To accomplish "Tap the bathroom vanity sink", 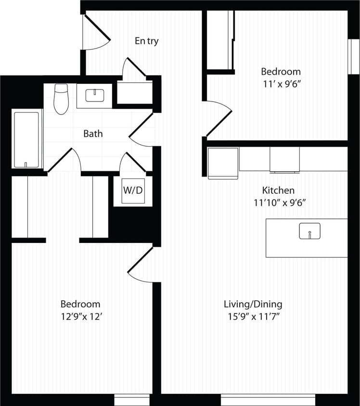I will [95, 95].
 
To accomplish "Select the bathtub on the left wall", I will [27, 139].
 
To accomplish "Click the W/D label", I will [133, 190].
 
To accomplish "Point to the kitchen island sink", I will [309, 231].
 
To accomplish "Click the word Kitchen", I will [278, 190].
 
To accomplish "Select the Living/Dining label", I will [253, 304].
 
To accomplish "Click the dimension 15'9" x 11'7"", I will [254, 317].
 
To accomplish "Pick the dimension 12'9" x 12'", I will [80, 317].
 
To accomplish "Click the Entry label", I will [146, 41].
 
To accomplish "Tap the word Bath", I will [93, 134].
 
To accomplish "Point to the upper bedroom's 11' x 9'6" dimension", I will [281, 84].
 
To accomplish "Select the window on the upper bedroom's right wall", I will [354, 56].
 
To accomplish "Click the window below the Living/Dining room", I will [268, 400].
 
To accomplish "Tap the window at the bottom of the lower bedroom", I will [132, 401].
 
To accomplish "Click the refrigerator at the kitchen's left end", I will [223, 163].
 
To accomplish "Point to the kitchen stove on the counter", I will [284, 159].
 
